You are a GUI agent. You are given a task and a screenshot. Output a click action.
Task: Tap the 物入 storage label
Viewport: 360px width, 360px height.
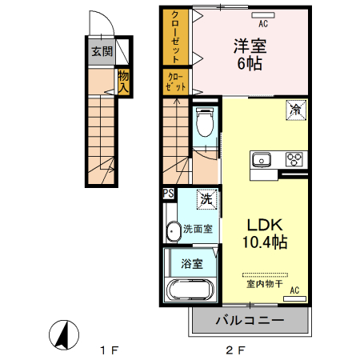pyautogui.click(x=123, y=82)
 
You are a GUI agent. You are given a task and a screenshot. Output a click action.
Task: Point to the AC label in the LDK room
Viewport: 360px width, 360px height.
pyautogui.click(x=294, y=290)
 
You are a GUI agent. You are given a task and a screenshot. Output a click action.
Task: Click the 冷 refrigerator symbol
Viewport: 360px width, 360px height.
pyautogui.click(x=295, y=109)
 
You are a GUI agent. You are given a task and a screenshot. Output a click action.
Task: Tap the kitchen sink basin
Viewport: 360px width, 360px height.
pyautogui.click(x=262, y=158)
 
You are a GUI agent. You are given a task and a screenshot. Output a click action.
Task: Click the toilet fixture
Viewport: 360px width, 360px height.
pyautogui.click(x=204, y=123)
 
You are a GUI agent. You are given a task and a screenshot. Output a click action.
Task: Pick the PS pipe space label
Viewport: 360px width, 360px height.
pyautogui.click(x=168, y=194)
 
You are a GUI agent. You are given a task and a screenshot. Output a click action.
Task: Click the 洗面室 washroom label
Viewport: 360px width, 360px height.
pyautogui.click(x=197, y=229)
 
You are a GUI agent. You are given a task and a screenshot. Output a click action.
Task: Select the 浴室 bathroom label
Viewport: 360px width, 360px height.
pyautogui.click(x=190, y=262)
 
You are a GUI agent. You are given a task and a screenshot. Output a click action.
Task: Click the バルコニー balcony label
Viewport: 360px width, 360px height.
pyautogui.click(x=250, y=320)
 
